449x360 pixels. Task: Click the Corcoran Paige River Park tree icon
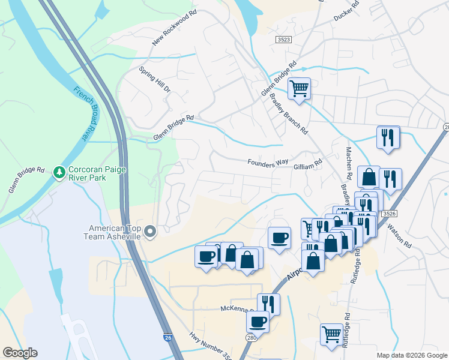59,173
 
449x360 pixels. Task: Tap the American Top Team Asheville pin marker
151,231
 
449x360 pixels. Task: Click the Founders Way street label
268,163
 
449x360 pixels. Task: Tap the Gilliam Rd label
309,163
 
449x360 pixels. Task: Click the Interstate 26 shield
169,338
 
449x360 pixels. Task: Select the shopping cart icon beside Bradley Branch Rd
299,89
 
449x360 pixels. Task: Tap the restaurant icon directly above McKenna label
268,304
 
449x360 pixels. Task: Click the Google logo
20,353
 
